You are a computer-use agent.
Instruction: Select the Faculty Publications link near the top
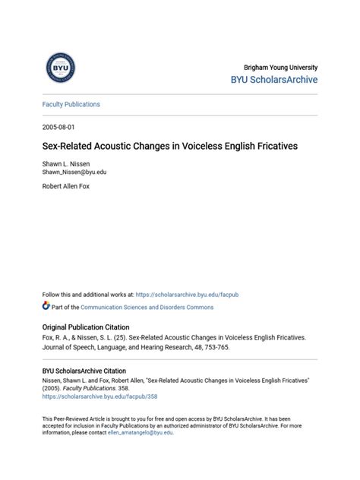[71, 104]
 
